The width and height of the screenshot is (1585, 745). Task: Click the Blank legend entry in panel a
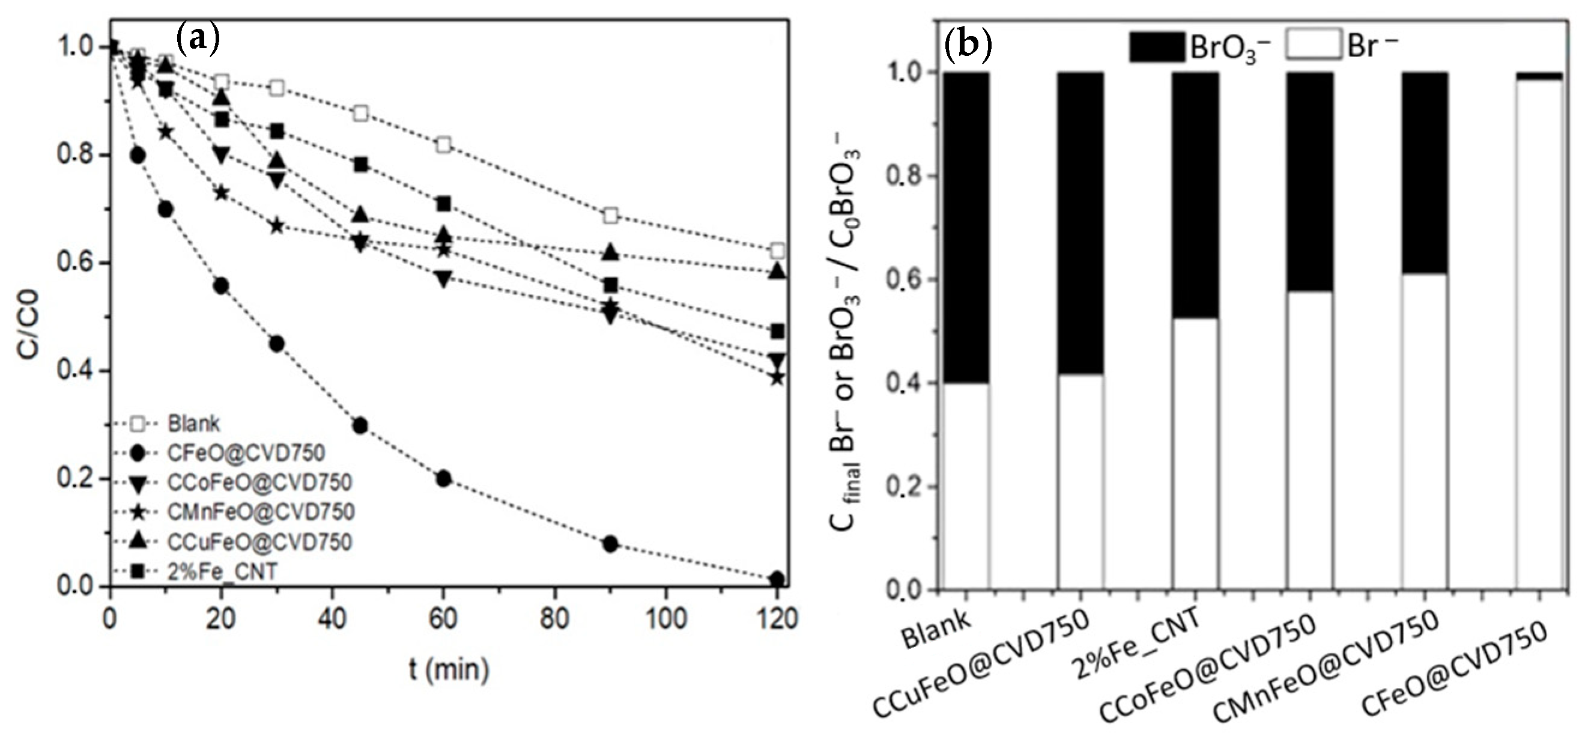click(193, 424)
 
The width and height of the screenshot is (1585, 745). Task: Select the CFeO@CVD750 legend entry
click(245, 453)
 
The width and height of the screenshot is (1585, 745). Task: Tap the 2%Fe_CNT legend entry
click(222, 571)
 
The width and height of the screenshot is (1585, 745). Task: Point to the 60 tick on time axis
click(443, 618)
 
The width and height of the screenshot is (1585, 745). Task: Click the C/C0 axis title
click(28, 325)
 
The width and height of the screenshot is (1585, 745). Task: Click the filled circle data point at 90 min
click(610, 544)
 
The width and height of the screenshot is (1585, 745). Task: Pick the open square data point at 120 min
click(778, 251)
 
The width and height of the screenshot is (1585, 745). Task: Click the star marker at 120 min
click(778, 377)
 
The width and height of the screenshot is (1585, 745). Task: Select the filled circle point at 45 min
click(360, 425)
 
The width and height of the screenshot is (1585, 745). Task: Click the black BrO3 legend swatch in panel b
click(1157, 47)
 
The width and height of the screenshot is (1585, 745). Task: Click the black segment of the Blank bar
click(966, 228)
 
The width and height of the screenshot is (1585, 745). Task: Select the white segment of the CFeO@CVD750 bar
click(1538, 332)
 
